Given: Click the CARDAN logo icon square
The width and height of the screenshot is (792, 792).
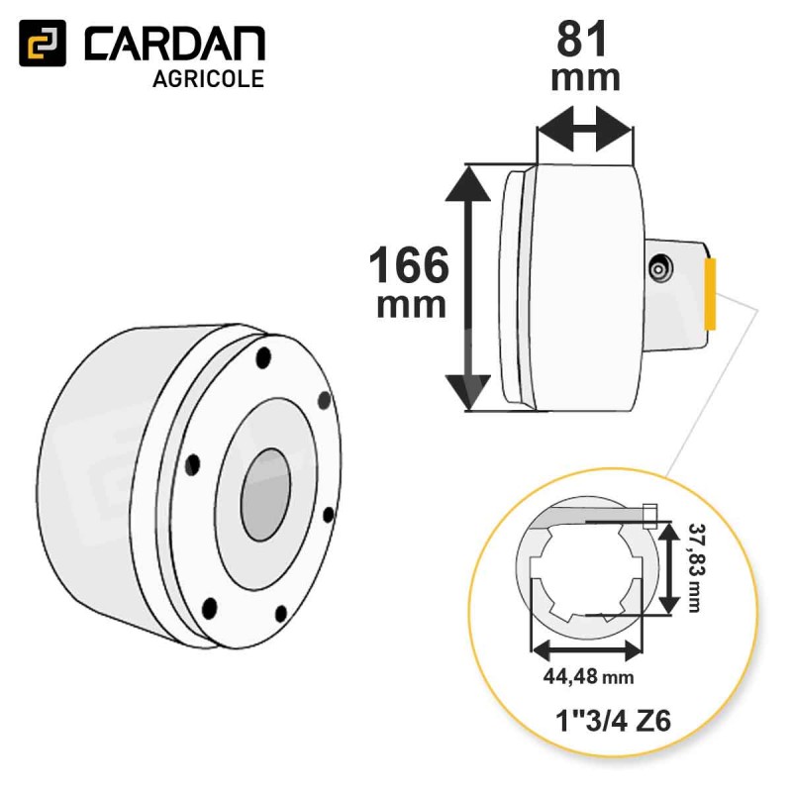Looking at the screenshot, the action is pyautogui.click(x=43, y=43).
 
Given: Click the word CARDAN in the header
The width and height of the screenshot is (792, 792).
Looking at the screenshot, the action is pyautogui.click(x=175, y=44).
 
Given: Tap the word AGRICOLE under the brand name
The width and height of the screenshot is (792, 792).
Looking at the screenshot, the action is pyautogui.click(x=208, y=79).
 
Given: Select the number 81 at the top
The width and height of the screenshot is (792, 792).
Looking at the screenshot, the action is pyautogui.click(x=581, y=40).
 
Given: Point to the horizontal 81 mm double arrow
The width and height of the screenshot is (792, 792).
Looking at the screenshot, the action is pyautogui.click(x=585, y=129).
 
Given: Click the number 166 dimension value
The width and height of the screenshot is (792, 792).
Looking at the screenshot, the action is pyautogui.click(x=409, y=265).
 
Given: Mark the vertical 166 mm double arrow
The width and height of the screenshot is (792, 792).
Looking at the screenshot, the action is pyautogui.click(x=468, y=288).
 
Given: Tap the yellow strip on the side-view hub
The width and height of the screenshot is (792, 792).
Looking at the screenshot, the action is pyautogui.click(x=710, y=293).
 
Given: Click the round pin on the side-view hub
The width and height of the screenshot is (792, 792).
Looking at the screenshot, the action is pyautogui.click(x=660, y=268).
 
